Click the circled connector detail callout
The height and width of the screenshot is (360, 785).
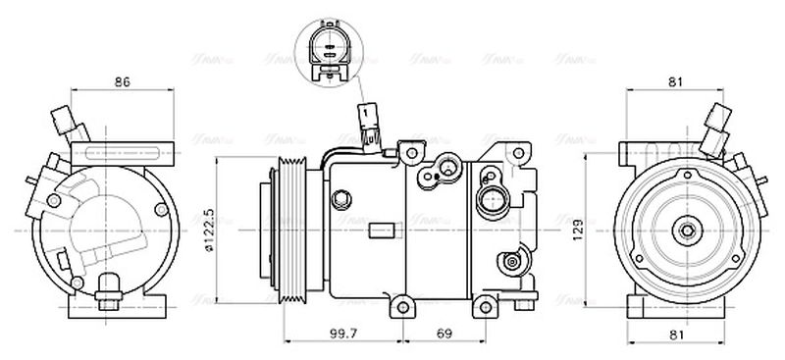(x=329, y=48)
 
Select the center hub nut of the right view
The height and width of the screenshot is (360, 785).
(x=684, y=231)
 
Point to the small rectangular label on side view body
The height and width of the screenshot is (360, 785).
(x=385, y=231)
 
